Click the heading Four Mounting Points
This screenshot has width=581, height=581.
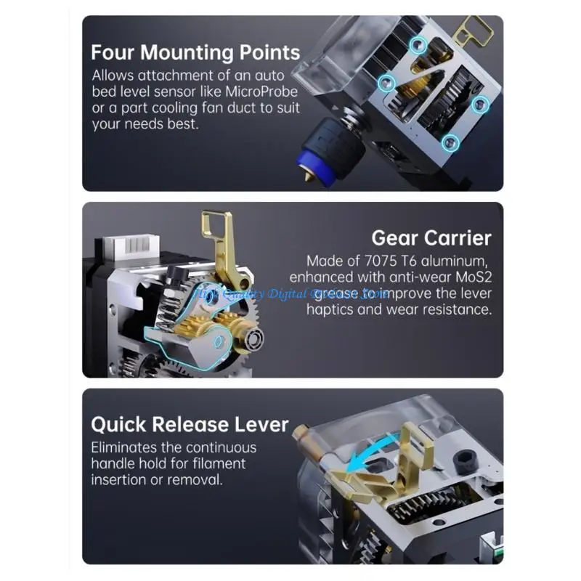(195, 52)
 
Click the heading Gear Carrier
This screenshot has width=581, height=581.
(431, 237)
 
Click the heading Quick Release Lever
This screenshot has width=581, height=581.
(190, 425)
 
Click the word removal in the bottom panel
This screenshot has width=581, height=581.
(195, 479)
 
